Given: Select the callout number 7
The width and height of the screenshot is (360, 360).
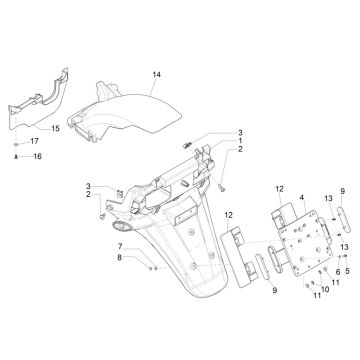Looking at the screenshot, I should [x=119, y=246].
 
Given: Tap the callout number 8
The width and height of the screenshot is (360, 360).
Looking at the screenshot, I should [x=119, y=258].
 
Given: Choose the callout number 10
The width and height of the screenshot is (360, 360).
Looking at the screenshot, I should [x=325, y=290].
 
